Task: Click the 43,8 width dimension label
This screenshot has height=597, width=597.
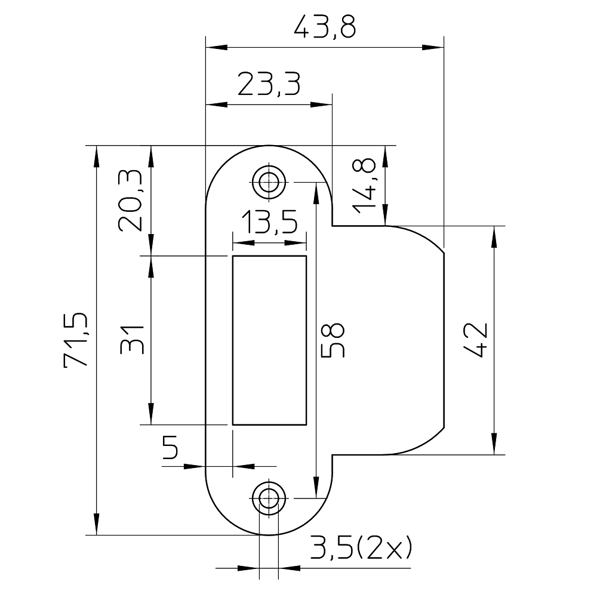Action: click(325, 27)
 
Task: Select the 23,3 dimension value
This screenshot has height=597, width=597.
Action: click(269, 84)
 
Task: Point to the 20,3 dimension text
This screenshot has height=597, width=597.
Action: click(130, 201)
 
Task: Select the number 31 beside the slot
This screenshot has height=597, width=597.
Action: click(132, 340)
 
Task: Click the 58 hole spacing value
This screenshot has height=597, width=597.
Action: click(333, 340)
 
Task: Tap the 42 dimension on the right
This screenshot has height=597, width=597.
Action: click(475, 340)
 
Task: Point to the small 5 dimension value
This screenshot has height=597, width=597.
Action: click(170, 447)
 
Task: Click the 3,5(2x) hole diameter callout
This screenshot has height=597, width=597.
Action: click(361, 547)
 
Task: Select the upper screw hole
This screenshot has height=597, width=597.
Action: click(269, 182)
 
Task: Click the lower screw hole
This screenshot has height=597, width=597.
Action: click(269, 498)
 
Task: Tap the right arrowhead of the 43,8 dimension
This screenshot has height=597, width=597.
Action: click(433, 48)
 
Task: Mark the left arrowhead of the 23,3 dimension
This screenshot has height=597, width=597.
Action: click(217, 104)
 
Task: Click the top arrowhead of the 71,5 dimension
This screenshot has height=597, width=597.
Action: click(96, 156)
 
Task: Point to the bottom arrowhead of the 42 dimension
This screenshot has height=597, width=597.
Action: click(494, 444)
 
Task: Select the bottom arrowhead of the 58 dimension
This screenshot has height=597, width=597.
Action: click(316, 487)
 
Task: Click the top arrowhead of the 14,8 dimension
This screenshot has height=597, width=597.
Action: click(386, 156)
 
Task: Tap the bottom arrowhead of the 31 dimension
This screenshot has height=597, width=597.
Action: click(151, 413)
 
